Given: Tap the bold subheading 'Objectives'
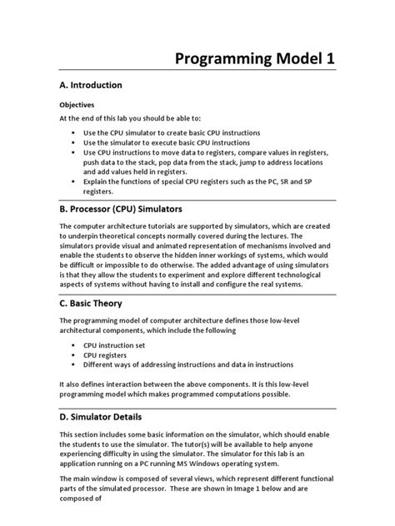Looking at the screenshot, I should (77, 105).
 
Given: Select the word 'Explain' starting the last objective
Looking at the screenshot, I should (97, 181).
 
